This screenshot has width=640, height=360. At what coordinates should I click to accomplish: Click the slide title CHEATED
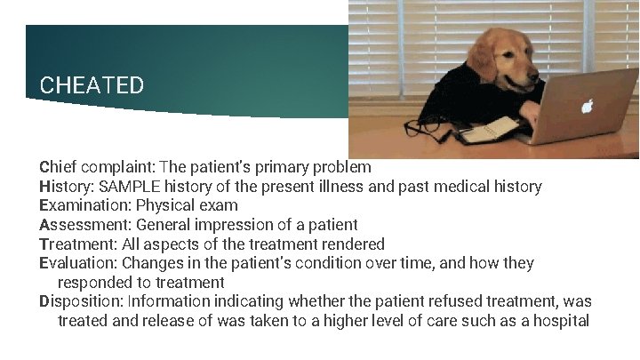[x=92, y=85]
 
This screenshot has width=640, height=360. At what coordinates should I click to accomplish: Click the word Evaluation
[x=77, y=263]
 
